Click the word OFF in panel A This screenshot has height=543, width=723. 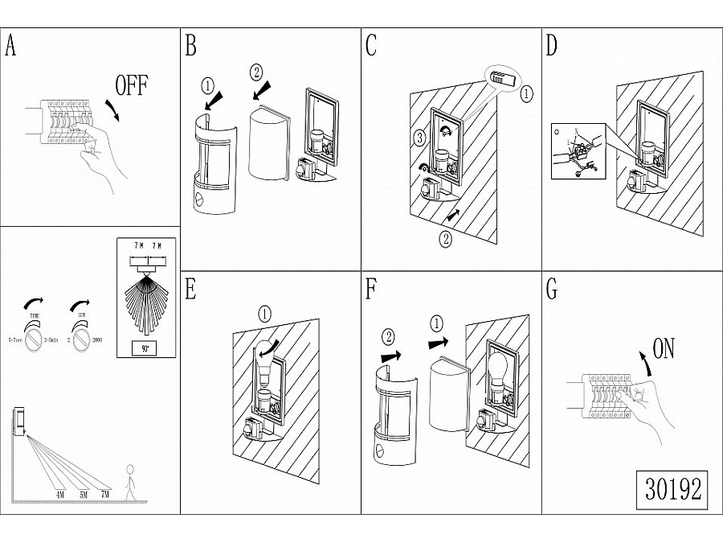coord(133,86)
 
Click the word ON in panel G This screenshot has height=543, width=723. coord(663,348)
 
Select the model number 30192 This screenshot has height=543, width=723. coord(673,487)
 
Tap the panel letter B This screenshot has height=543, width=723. coord(190,46)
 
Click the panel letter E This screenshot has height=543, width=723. coord(190,290)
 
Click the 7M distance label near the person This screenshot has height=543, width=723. coord(105,493)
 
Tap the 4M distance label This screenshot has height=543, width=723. coord(60,493)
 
